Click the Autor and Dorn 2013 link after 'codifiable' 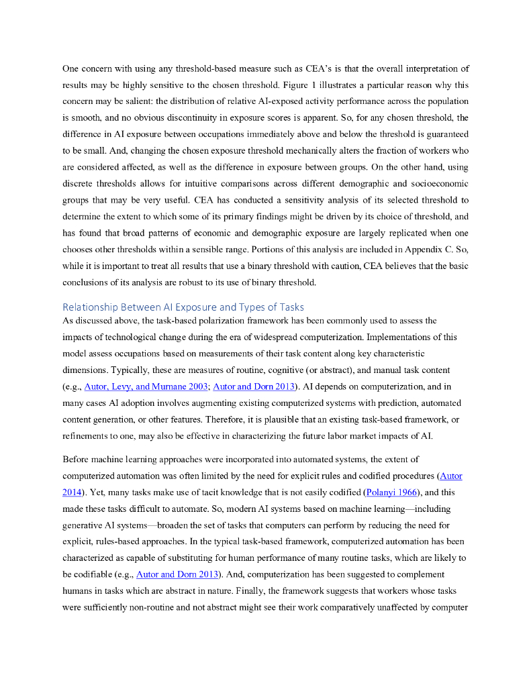(179, 574)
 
